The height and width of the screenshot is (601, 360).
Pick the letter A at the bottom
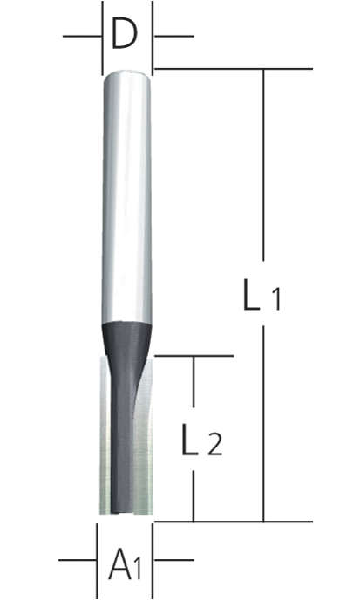(x=121, y=566)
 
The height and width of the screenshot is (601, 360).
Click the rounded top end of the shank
(x=126, y=77)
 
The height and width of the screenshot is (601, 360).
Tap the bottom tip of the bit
(x=126, y=513)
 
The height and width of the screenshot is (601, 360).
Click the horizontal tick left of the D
(x=80, y=37)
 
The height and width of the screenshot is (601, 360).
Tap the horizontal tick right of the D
(x=174, y=37)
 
